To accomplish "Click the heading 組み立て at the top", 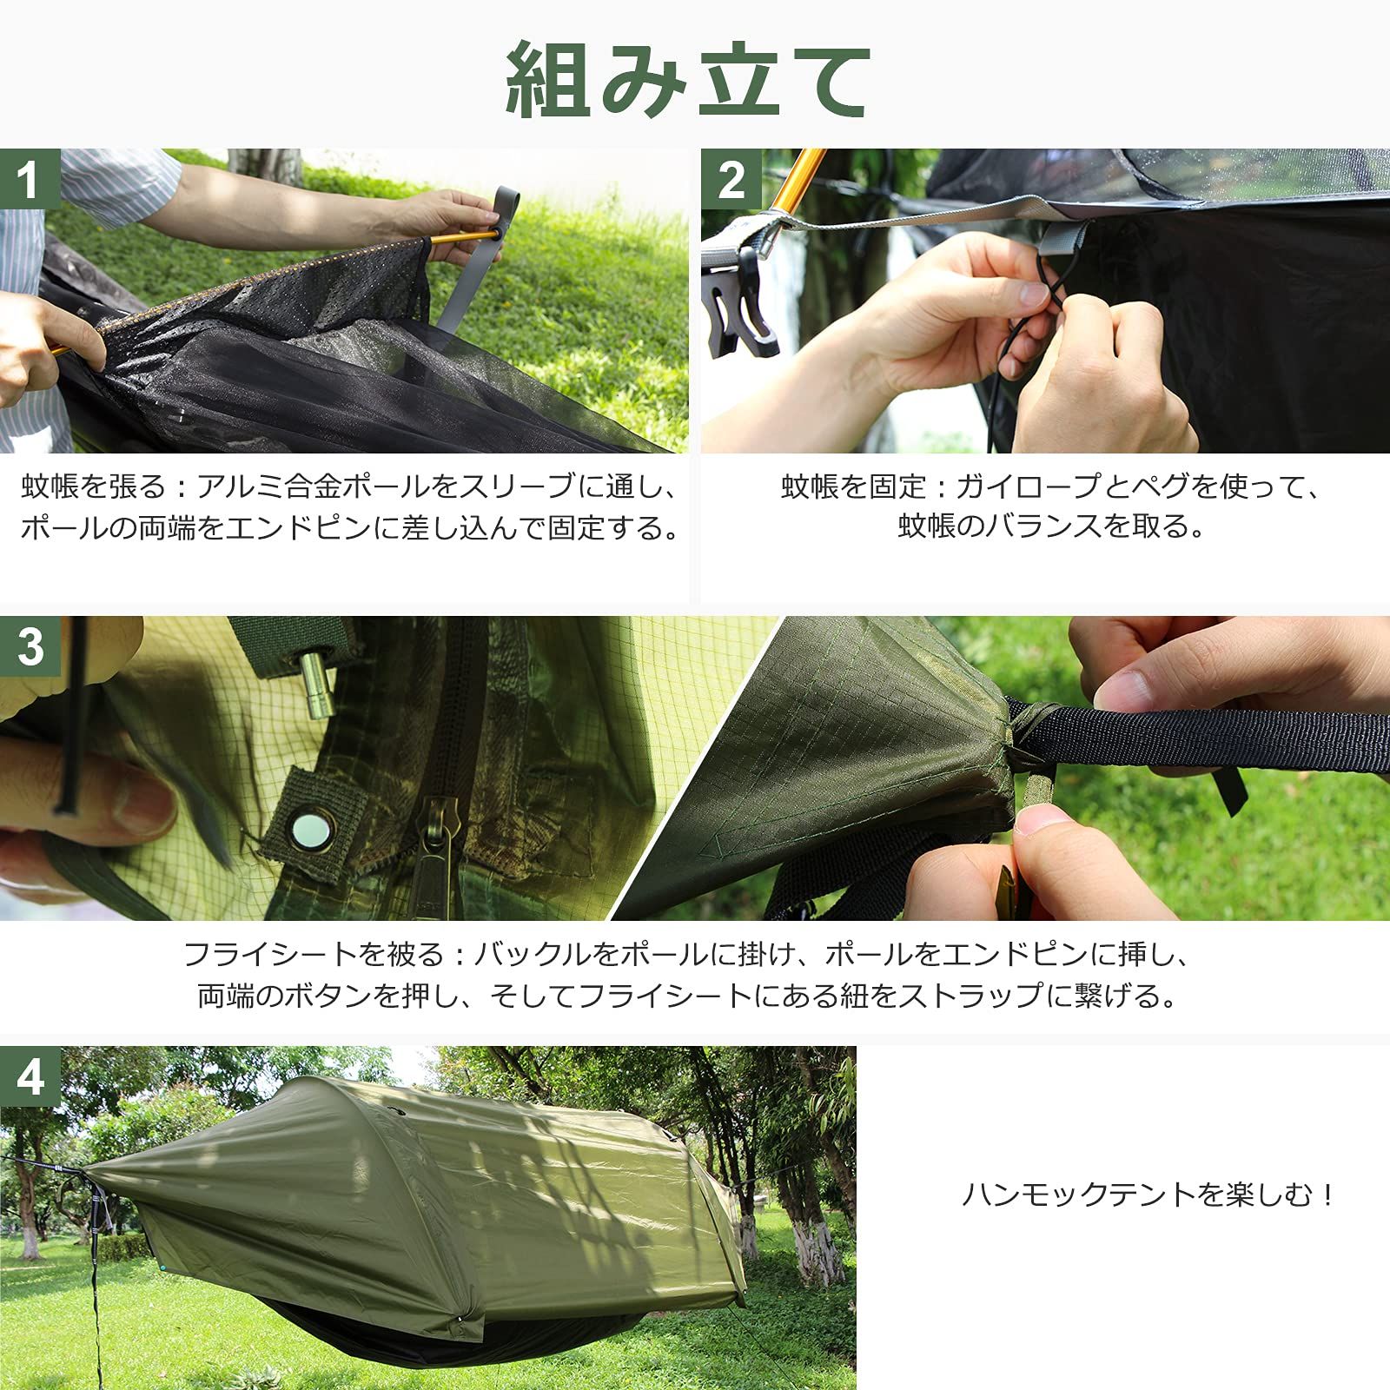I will (689, 80).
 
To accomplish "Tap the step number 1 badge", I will (30, 180).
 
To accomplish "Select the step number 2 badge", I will (731, 180).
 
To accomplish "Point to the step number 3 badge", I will (30, 647).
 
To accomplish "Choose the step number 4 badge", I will (30, 1077).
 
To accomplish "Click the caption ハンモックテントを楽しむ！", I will (1148, 1195).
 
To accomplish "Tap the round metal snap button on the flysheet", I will (310, 832).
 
